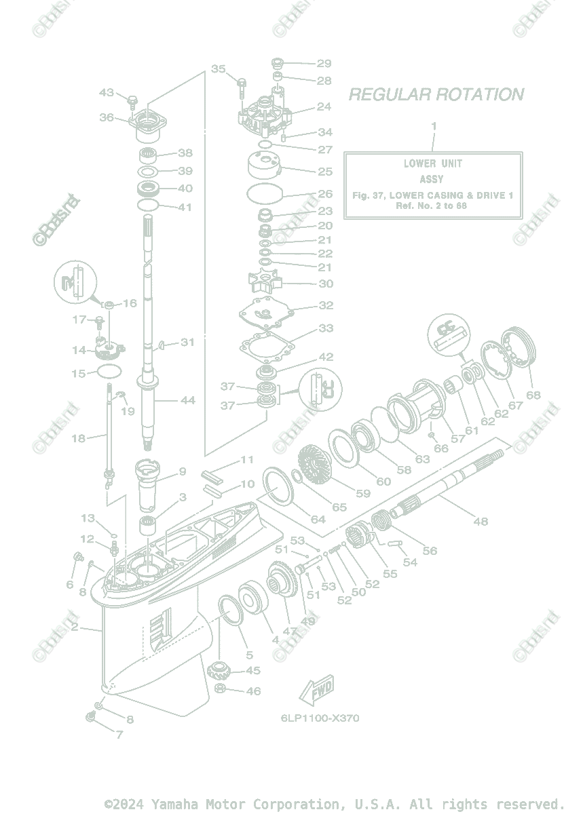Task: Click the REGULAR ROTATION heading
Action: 436,94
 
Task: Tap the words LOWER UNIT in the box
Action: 432,163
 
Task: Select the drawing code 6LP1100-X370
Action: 320,718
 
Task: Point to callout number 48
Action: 480,522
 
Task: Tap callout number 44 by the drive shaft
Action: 187,401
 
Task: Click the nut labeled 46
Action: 221,691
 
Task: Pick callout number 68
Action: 533,395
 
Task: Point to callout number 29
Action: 324,63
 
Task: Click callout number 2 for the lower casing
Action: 74,627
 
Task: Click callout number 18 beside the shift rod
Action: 79,438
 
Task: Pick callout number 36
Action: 107,117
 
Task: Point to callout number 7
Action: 119,735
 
